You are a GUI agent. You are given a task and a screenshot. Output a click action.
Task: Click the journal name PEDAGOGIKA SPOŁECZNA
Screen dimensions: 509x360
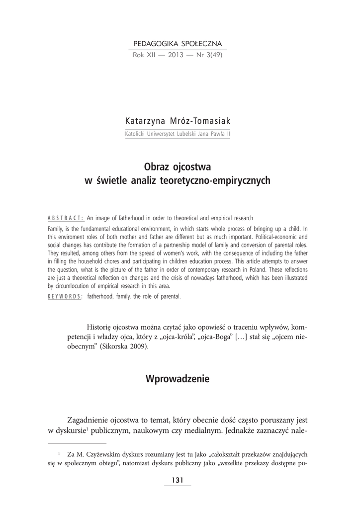click(x=177, y=44)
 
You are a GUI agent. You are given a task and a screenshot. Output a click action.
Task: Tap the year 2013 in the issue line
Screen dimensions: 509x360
click(x=176, y=55)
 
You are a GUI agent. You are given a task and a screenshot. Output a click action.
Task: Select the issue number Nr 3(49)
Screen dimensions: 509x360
click(x=209, y=55)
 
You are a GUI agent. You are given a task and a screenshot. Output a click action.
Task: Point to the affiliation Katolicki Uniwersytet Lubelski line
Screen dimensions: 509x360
click(x=177, y=134)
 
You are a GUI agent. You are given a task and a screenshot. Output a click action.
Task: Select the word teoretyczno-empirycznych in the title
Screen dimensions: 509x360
click(x=216, y=180)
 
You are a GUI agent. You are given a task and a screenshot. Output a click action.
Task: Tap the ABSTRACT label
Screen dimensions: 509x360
click(x=65, y=218)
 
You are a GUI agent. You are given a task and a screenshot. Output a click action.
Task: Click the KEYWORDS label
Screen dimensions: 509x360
click(x=65, y=297)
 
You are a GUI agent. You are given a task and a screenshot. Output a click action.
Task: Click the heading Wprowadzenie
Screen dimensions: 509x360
click(x=178, y=379)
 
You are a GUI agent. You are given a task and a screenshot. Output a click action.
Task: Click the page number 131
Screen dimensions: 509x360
click(x=178, y=480)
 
